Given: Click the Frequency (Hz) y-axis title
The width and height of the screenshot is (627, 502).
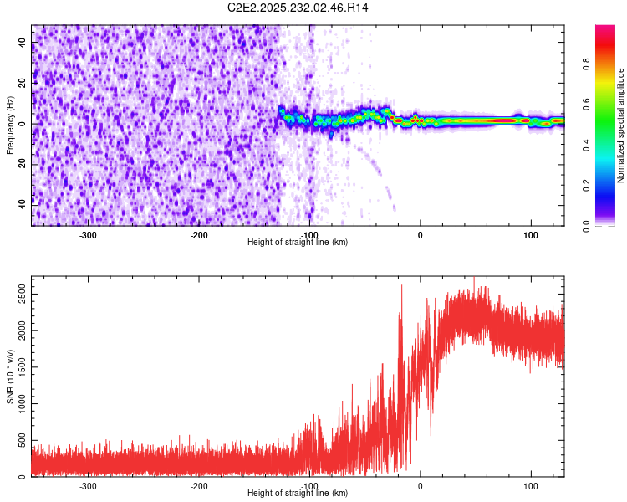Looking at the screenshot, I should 10,124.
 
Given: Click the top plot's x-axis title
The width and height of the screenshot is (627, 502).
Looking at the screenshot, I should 298,242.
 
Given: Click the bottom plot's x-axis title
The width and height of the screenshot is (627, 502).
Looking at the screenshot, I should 298,493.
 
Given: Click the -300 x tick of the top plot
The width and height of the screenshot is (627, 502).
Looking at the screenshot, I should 89,234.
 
